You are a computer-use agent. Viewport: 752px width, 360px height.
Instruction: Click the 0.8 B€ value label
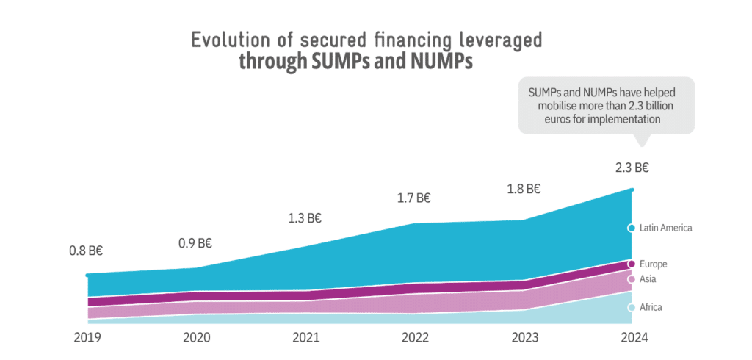coord(86,251)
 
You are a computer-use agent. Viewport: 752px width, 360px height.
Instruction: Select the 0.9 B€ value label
coord(195,243)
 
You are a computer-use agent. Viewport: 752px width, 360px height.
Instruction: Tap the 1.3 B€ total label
coord(305,218)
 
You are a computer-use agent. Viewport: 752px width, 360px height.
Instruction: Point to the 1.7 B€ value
coord(413,198)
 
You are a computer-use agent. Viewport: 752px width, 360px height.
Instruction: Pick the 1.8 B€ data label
coord(523,189)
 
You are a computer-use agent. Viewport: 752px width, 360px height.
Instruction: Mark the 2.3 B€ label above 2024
coord(632,168)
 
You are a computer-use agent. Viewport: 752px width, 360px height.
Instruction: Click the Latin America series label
coord(665,228)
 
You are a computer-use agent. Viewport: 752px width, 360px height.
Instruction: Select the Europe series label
coord(653,264)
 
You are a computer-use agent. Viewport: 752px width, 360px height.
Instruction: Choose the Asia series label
coord(648,279)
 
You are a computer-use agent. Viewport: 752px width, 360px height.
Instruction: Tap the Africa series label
coord(651,307)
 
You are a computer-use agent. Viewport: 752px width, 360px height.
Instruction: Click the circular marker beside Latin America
coord(631,228)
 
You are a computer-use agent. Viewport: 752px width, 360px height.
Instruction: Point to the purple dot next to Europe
coord(631,264)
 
